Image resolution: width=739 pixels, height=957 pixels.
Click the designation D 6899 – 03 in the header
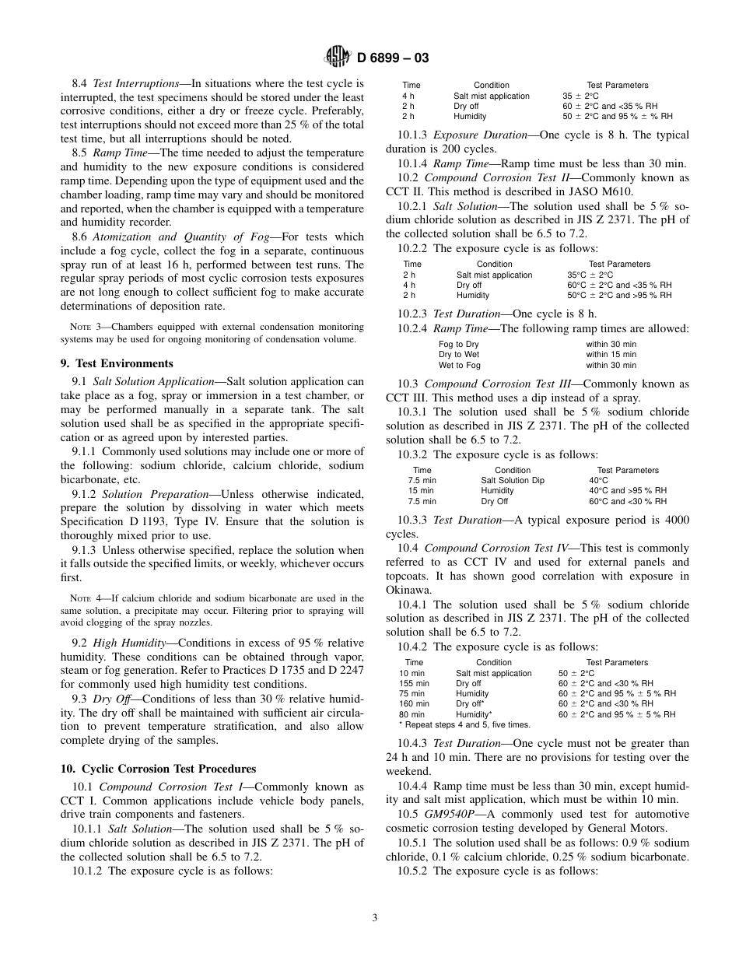coord(393,58)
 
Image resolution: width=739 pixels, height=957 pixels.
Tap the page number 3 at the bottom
coord(375,918)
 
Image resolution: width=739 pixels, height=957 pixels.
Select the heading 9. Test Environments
coord(117,363)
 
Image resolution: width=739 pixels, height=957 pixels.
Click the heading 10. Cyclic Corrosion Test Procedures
coord(158,769)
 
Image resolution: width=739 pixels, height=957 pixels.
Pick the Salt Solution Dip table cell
coord(513,481)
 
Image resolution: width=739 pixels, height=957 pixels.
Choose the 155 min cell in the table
coord(414,683)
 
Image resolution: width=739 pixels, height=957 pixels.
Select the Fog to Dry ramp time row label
coord(459,344)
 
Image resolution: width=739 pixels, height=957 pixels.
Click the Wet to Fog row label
coord(460,365)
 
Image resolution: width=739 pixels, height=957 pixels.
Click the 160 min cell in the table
coord(414,703)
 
